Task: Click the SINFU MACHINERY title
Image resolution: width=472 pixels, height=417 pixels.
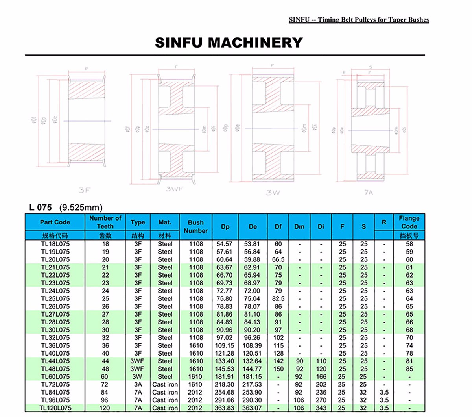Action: point(229,43)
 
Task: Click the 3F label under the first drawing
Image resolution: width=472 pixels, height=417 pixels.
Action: point(84,190)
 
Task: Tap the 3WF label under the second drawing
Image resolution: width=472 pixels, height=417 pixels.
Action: point(174,189)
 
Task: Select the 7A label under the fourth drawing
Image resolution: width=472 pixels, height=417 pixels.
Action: point(368,193)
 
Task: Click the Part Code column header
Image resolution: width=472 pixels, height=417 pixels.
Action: point(55,222)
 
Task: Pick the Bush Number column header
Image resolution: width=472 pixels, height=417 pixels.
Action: point(195,226)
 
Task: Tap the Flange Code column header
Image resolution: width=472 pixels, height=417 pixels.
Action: point(409,222)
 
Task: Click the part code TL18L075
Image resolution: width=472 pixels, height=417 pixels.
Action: point(55,244)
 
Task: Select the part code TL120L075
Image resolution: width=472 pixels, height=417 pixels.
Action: point(55,408)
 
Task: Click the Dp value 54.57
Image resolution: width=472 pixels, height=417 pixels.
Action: point(225,244)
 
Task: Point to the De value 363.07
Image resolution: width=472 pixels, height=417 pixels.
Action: point(253,408)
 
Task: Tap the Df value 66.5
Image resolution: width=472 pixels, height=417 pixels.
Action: point(278,259)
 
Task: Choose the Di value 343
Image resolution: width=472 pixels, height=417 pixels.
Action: point(321,408)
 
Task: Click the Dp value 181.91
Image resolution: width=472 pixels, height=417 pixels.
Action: point(225,377)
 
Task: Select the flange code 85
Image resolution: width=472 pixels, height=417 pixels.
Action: point(409,369)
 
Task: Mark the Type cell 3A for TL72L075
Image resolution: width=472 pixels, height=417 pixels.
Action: point(138,384)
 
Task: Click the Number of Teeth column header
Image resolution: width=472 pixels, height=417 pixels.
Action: point(105,222)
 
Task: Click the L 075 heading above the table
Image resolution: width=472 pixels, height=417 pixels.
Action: point(40,207)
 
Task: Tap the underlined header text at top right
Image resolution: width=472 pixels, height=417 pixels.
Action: point(358,20)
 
